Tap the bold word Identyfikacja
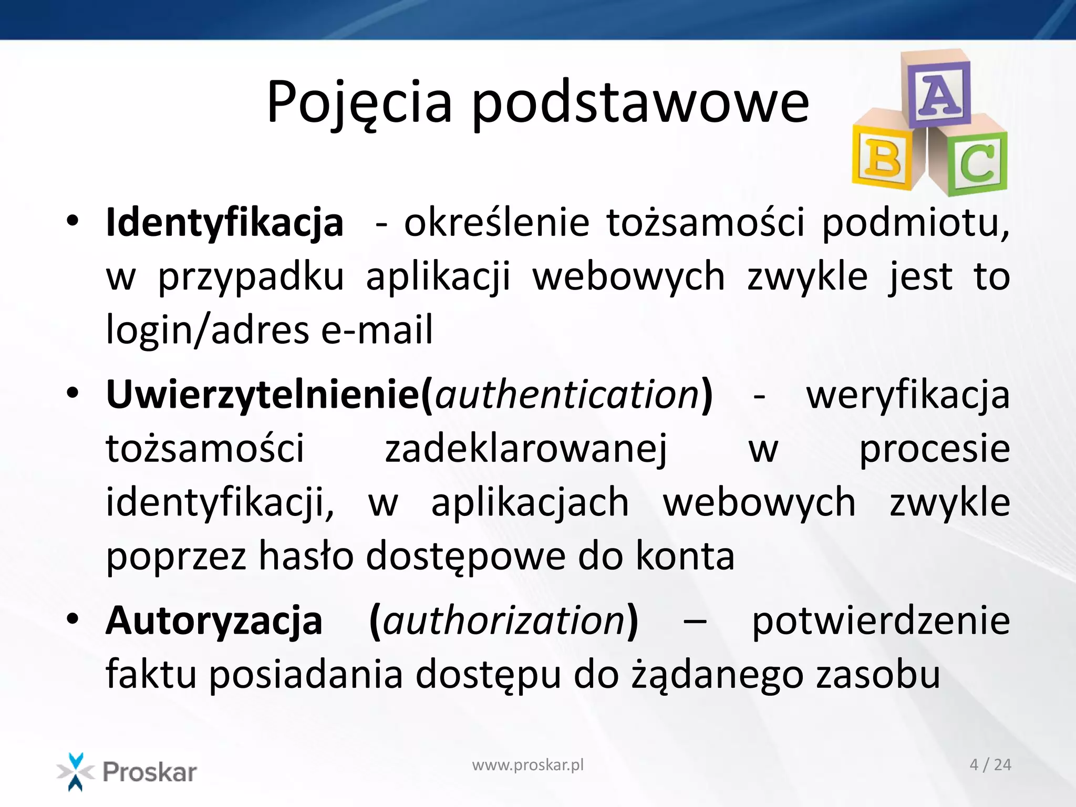click(224, 223)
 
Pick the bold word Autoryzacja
click(214, 620)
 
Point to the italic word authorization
click(504, 620)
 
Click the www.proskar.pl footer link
click(527, 765)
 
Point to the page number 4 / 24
click(990, 765)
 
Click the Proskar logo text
click(150, 772)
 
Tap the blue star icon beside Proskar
click(76, 771)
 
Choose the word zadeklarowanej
click(526, 449)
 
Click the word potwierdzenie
click(881, 620)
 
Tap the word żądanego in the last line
click(717, 675)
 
